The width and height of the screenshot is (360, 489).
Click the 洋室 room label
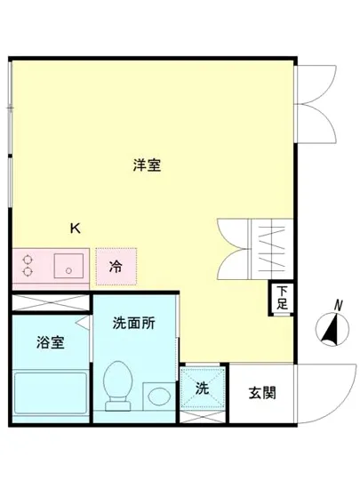point(147,164)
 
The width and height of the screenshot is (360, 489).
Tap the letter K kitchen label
point(76,227)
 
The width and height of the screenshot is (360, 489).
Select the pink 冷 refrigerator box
point(116,265)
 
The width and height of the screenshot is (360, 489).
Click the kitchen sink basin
point(67,265)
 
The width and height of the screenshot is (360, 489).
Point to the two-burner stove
point(28,265)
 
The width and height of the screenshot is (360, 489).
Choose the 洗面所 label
point(134,324)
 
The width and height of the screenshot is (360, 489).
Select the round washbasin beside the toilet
point(159,393)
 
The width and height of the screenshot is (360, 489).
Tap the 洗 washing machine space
point(203,389)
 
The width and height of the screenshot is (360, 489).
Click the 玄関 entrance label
point(261,392)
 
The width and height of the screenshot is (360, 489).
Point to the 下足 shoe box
point(281,297)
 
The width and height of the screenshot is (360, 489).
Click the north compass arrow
point(331,331)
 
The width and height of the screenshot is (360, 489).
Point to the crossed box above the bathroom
point(50,301)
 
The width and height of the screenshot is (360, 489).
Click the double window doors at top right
point(316,102)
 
